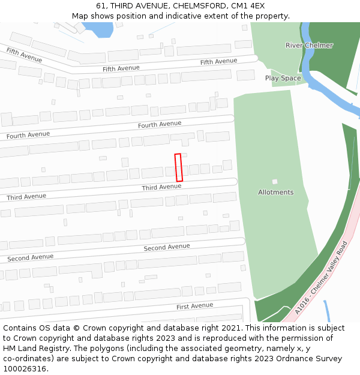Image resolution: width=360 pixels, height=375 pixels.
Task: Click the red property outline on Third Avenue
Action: [x=178, y=167]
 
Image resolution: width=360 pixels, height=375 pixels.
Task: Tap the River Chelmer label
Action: [x=309, y=46]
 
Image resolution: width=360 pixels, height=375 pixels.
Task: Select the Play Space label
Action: [x=283, y=78]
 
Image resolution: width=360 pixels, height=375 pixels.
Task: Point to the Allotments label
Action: [x=275, y=192]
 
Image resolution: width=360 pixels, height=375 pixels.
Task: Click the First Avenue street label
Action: [x=194, y=306]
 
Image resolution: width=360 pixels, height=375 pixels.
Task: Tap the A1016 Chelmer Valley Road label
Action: [x=322, y=277]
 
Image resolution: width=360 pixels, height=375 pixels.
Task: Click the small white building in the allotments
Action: [x=275, y=181]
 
